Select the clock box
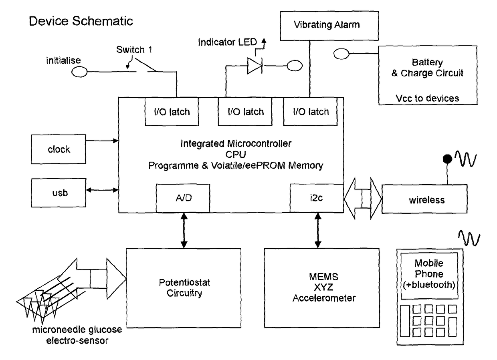[59, 150]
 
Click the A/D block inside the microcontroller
[183, 198]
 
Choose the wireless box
[424, 199]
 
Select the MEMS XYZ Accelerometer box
[322, 288]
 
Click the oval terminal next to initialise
[79, 72]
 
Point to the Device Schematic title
[81, 21]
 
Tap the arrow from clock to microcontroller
[103, 141]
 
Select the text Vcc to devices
[427, 98]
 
